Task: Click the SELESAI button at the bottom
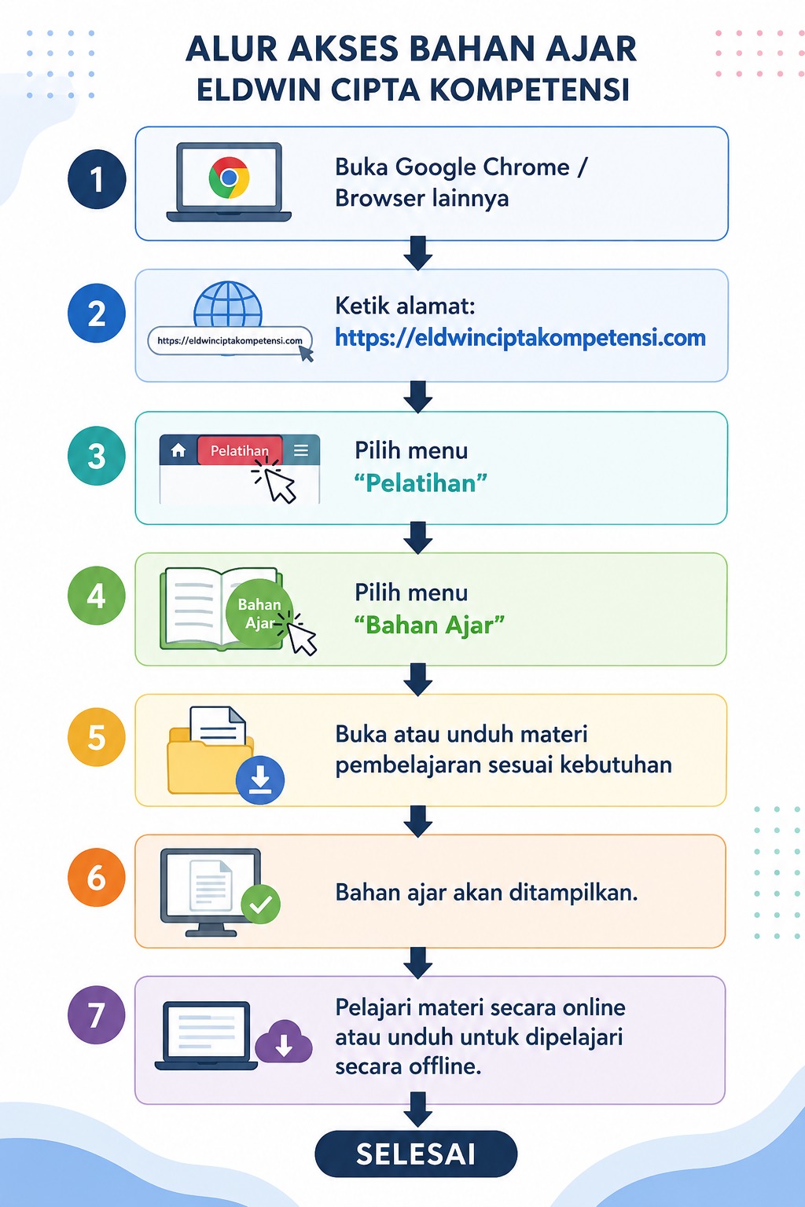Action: click(416, 1153)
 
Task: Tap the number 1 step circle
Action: click(97, 179)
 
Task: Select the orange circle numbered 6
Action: click(97, 877)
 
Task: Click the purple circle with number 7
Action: click(97, 1015)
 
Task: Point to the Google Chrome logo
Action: click(229, 178)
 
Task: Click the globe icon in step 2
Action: click(228, 304)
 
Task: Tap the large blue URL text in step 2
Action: click(520, 338)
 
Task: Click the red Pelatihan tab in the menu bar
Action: click(240, 450)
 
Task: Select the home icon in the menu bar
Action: click(178, 450)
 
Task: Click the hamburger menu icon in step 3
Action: click(301, 450)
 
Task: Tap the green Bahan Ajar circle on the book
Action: click(259, 612)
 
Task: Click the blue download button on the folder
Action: click(260, 780)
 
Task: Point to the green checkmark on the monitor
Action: click(260, 904)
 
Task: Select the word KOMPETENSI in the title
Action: click(530, 90)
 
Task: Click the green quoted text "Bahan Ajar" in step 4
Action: click(429, 626)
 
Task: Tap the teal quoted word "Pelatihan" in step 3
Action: click(421, 483)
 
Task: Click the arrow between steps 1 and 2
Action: click(418, 253)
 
